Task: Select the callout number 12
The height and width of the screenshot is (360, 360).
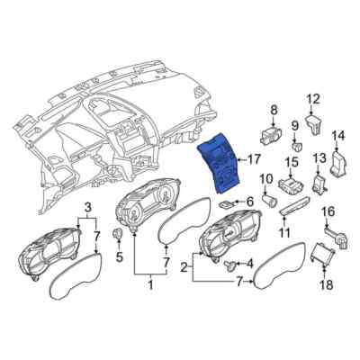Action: point(312,99)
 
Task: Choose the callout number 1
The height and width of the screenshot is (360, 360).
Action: point(151,287)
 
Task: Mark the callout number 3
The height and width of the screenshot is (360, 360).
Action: point(88,208)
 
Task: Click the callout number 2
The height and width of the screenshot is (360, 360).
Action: point(185,267)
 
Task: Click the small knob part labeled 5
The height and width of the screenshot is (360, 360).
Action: point(117,235)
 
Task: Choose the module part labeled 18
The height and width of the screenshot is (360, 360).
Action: point(321,258)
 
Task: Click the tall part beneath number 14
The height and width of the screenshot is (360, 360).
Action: point(338,164)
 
